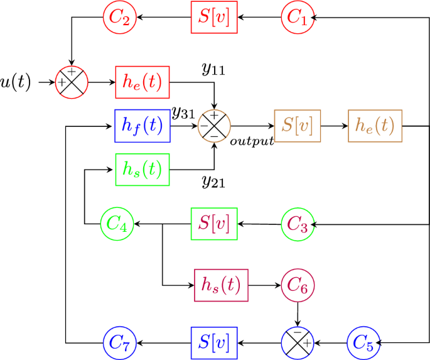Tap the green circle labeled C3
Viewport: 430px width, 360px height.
point(297,224)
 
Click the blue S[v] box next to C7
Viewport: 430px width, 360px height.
point(214,343)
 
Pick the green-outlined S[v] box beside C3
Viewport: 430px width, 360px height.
point(214,224)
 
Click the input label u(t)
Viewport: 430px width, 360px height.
point(16,82)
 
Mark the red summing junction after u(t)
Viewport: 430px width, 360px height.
point(72,82)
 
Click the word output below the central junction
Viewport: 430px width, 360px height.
point(252,141)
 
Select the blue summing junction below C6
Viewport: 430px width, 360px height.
point(298,343)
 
